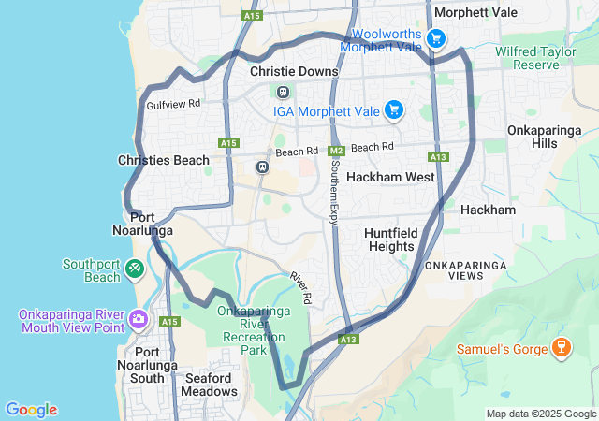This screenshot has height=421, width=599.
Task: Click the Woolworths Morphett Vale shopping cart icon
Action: tap(435, 38)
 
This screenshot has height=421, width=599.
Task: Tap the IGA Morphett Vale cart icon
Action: tap(394, 110)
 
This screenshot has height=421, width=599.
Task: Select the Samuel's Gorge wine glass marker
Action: tap(562, 348)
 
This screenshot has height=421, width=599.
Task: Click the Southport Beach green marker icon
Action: tap(136, 270)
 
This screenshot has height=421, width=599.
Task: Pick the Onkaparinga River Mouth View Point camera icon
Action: tap(139, 321)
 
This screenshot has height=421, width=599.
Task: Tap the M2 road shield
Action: tap(338, 149)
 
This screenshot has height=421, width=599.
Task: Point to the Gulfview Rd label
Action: tap(174, 104)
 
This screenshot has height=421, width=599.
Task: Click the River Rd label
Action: tap(300, 286)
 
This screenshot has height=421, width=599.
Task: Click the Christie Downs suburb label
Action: tap(294, 71)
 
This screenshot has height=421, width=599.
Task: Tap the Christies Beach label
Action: tap(164, 160)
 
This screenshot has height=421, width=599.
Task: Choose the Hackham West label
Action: tap(390, 177)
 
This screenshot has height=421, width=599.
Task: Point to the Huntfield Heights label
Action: tap(388, 239)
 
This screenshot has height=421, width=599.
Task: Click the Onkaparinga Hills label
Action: tap(544, 137)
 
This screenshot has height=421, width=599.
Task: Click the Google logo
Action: tap(31, 410)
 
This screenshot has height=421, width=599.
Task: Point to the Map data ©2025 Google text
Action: tap(540, 414)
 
